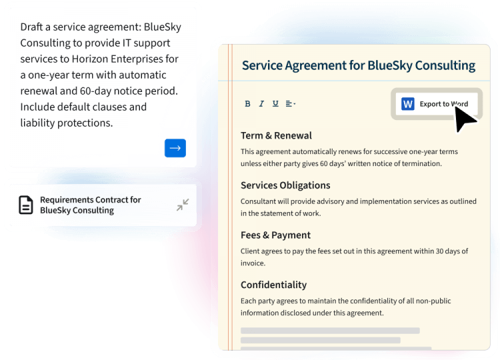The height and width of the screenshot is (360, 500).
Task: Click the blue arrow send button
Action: tap(175, 148)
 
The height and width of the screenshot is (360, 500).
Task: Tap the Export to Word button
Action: tap(436, 104)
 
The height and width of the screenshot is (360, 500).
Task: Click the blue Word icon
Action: tap(408, 104)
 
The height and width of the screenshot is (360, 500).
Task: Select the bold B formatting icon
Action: tap(247, 104)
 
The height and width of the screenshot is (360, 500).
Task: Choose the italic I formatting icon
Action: tap(261, 104)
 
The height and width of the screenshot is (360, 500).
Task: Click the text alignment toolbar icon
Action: tap(290, 104)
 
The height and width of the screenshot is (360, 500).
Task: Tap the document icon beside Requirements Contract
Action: tap(25, 205)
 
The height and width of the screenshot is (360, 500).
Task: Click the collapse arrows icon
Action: tap(183, 205)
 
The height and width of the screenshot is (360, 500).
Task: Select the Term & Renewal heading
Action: tap(276, 135)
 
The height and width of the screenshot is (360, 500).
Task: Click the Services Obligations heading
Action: tap(285, 185)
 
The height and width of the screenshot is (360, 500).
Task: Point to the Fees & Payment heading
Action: tap(275, 235)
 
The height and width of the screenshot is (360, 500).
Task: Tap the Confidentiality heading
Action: tap(273, 285)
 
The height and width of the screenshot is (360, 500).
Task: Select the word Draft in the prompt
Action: tap(33, 27)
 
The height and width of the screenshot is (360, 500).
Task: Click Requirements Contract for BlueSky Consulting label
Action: tap(90, 205)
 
